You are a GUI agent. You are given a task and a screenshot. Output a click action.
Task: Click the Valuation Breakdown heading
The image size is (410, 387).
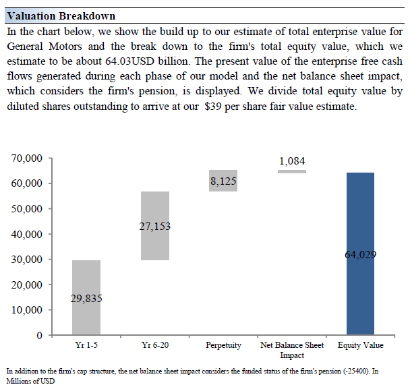61,16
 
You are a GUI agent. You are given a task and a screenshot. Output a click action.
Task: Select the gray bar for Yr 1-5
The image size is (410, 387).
86,297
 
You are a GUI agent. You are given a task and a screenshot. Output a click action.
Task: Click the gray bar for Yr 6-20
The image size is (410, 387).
155,226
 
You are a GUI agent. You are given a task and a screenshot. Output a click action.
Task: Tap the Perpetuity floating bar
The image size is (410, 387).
223,181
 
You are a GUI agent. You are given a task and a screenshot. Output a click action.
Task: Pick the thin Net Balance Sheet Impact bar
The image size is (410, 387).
292,171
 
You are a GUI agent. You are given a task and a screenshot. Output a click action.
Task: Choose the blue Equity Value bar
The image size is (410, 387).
360,254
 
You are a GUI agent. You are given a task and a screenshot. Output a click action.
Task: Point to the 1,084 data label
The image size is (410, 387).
292,161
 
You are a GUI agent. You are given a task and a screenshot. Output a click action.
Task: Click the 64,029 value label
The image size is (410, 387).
361,254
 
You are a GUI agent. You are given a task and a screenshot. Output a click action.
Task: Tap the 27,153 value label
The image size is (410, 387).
155,227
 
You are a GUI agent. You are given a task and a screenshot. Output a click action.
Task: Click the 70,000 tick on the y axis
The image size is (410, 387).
27,158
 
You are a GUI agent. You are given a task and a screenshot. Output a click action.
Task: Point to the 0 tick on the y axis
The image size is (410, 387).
40,335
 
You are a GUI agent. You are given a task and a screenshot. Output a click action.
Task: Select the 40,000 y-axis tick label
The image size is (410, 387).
27,235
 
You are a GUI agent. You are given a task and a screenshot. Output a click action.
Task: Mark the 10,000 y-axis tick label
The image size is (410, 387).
27,310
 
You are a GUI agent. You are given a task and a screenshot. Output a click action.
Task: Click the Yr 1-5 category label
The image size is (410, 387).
86,345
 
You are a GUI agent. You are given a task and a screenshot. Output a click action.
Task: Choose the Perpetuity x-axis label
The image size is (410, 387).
223,345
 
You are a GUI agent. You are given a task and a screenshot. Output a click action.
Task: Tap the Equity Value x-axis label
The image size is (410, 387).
361,345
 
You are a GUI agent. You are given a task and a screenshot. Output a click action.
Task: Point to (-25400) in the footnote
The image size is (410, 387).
355,371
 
